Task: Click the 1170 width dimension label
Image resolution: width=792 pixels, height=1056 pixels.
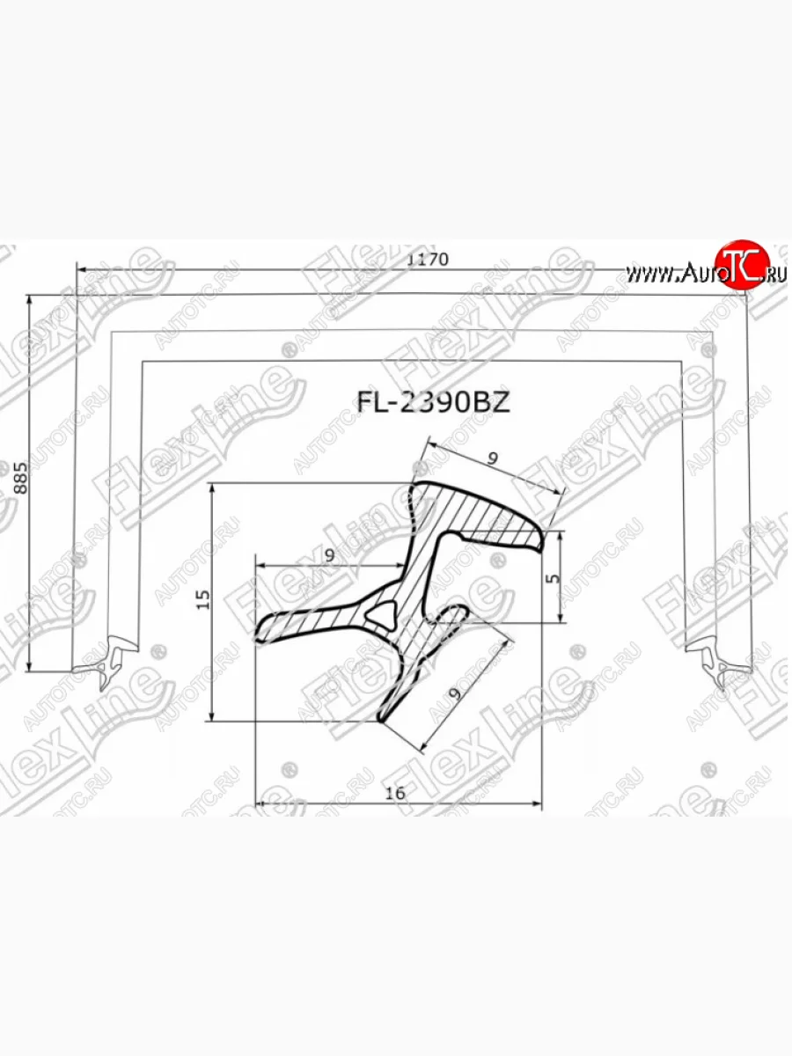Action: (x=429, y=260)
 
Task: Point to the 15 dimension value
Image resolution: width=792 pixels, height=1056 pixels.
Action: (x=203, y=600)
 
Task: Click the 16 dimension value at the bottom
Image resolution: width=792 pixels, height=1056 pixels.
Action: (x=395, y=793)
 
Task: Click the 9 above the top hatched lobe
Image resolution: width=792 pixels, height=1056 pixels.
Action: (x=493, y=458)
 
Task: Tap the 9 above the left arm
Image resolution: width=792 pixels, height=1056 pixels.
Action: (x=328, y=555)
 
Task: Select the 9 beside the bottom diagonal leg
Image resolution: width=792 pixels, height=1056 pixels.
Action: (x=454, y=693)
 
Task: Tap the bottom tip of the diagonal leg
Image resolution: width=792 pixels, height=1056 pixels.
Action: (x=384, y=717)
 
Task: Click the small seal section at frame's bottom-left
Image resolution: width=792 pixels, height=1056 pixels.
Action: (x=106, y=663)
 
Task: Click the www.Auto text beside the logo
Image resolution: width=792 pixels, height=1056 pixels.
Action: (x=667, y=274)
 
